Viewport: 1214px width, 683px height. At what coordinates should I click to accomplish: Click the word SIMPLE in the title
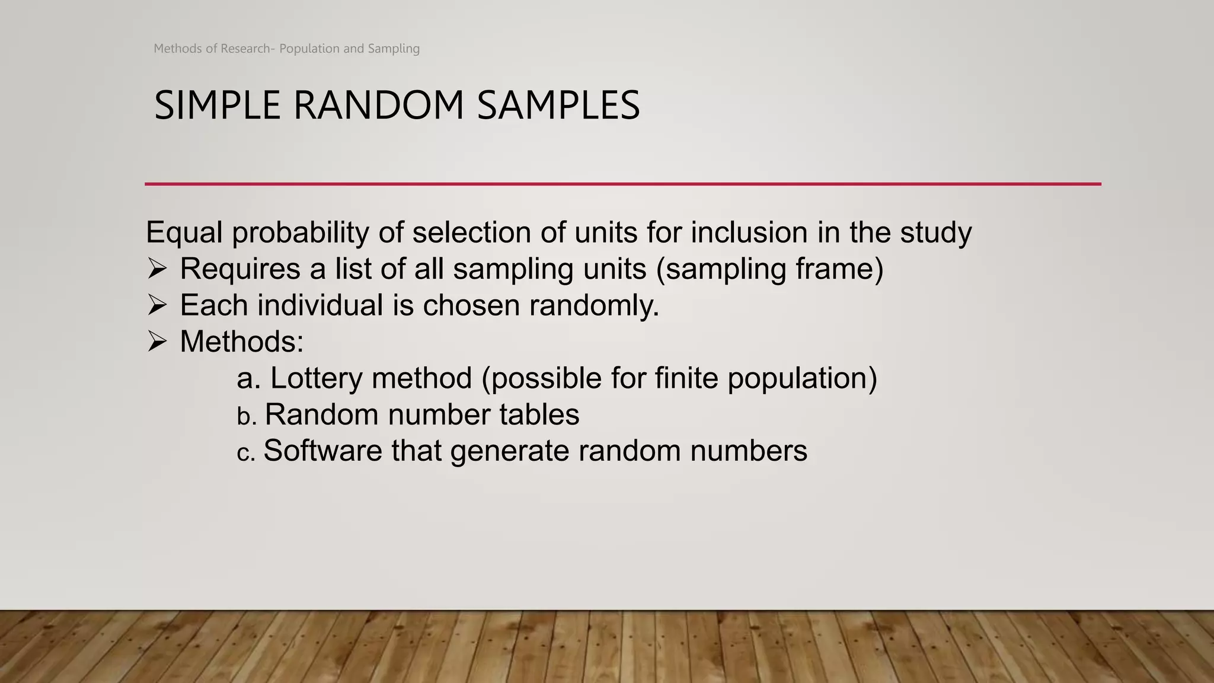(217, 106)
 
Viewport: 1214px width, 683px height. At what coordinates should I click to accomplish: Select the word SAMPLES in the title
(558, 106)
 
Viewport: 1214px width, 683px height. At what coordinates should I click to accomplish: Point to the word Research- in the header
(248, 49)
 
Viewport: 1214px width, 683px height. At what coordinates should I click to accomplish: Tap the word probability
(301, 232)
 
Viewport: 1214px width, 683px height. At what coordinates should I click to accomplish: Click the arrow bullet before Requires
(157, 269)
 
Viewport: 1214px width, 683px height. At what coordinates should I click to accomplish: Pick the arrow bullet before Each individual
(157, 305)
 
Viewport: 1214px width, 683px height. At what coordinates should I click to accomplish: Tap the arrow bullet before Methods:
(157, 341)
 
